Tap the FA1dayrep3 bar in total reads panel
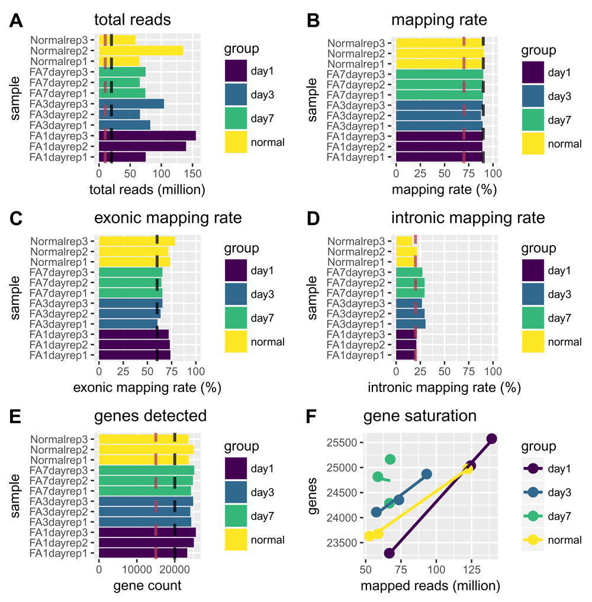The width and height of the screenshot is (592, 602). (147, 136)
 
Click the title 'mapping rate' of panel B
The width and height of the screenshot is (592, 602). (439, 20)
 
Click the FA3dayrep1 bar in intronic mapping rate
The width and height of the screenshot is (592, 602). (411, 324)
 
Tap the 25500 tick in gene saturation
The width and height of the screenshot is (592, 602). (341, 443)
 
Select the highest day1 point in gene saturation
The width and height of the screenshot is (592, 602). (491, 439)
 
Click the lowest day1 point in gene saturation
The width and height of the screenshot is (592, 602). (389, 553)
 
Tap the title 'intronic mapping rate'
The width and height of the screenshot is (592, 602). (468, 218)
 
